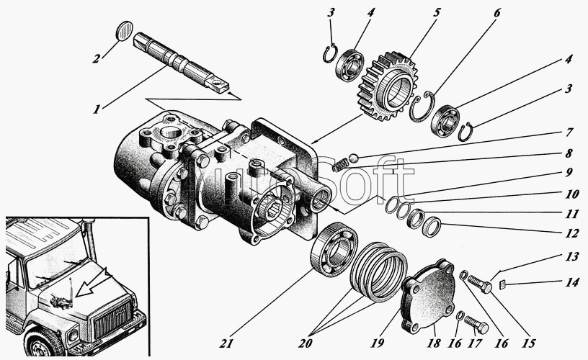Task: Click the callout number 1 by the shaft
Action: pyautogui.click(x=97, y=109)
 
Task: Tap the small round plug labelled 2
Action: pyautogui.click(x=125, y=30)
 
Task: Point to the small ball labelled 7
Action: pyautogui.click(x=352, y=158)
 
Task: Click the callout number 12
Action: pyautogui.click(x=571, y=234)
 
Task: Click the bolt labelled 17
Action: pyautogui.click(x=476, y=325)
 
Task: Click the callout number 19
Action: pyautogui.click(x=378, y=342)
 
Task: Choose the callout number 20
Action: pyautogui.click(x=306, y=343)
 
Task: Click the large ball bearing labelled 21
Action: pyautogui.click(x=334, y=249)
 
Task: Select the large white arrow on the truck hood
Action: pyautogui.click(x=94, y=282)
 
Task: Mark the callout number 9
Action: pyautogui.click(x=569, y=173)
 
